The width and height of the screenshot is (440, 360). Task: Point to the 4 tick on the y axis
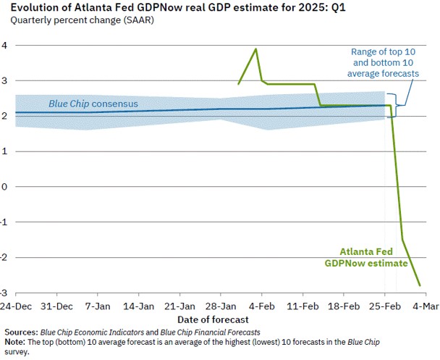pyautogui.click(x=4, y=45)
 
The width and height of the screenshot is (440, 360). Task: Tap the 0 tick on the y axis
pyautogui.click(x=4, y=187)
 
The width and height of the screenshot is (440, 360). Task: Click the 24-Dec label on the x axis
pyautogui.click(x=17, y=306)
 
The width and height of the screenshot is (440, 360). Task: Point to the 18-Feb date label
pyautogui.click(x=344, y=306)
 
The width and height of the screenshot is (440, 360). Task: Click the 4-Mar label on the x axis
pyautogui.click(x=426, y=306)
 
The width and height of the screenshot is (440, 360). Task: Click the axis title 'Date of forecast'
pyautogui.click(x=213, y=319)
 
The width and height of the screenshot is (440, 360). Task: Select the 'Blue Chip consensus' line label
pyautogui.click(x=93, y=104)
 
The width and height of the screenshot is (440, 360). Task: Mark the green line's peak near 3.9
pyautogui.click(x=255, y=49)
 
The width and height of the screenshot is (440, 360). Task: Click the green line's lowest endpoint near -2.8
pyautogui.click(x=420, y=285)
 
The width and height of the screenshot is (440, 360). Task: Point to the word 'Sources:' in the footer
pyautogui.click(x=20, y=331)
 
